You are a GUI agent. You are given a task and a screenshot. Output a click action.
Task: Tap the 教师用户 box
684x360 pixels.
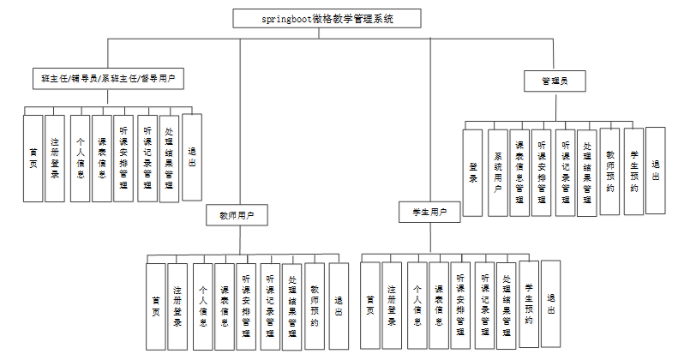pyautogui.click(x=236, y=214)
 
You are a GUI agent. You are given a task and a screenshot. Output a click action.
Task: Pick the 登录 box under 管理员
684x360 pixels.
pyautogui.click(x=472, y=171)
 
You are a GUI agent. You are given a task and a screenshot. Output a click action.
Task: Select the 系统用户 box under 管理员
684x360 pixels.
pyautogui.click(x=497, y=171)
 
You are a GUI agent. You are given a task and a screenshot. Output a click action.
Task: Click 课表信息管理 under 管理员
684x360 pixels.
pyautogui.click(x=519, y=171)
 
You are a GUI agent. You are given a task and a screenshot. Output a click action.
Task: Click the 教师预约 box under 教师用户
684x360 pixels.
pyautogui.click(x=315, y=306)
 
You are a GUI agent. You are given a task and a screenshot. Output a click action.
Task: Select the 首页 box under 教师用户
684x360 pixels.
pyautogui.click(x=155, y=306)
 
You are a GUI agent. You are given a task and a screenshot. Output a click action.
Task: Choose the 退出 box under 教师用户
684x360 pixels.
pyautogui.click(x=339, y=306)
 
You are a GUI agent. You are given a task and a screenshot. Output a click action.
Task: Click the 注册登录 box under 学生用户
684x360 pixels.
pyautogui.click(x=392, y=306)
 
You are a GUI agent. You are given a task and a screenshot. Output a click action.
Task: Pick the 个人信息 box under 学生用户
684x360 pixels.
pyautogui.click(x=417, y=306)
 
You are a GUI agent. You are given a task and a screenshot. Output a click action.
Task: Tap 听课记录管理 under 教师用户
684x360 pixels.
pyautogui.click(x=269, y=306)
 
